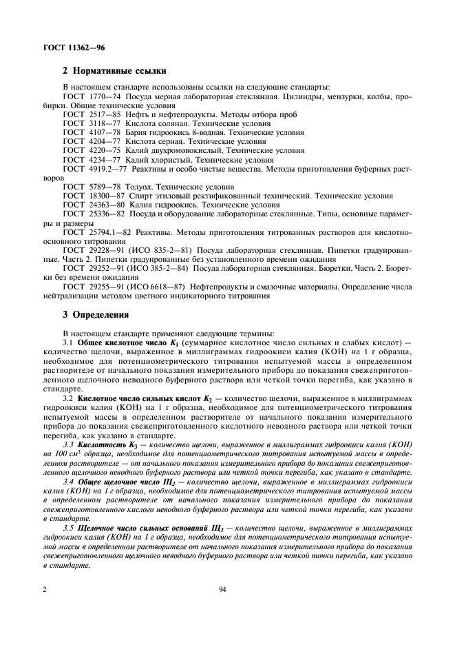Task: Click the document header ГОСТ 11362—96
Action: click(x=63, y=47)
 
